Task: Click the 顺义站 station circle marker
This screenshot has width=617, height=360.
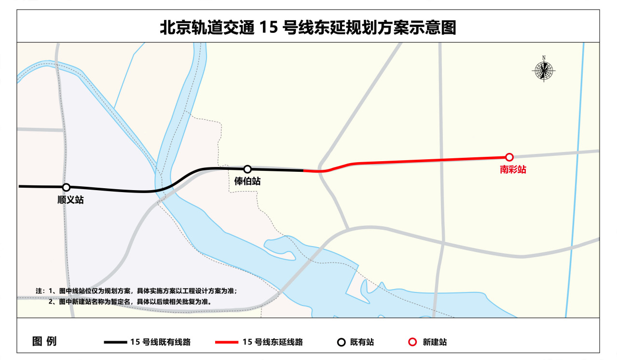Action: click(x=67, y=187)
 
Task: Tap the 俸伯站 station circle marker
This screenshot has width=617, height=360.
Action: click(x=247, y=169)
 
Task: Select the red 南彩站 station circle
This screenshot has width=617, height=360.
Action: click(x=509, y=157)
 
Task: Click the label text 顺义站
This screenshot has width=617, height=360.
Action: click(x=70, y=200)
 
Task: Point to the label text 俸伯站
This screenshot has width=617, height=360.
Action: click(x=247, y=181)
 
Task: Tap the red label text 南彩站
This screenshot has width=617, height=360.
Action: click(x=513, y=169)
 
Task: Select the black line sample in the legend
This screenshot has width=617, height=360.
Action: click(x=116, y=342)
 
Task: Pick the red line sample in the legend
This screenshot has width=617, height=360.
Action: click(x=226, y=342)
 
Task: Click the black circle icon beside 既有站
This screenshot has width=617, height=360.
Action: click(x=341, y=342)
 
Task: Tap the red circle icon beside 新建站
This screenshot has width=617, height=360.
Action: click(x=412, y=342)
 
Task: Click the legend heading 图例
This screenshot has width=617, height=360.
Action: click(x=44, y=342)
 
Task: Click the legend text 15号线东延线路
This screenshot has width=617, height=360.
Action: click(x=273, y=342)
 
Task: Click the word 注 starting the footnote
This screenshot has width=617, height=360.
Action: click(x=39, y=291)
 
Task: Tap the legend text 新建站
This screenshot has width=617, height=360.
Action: click(x=435, y=342)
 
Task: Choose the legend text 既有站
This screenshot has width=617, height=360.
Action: click(x=362, y=342)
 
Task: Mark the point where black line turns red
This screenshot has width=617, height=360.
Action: click(x=303, y=170)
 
